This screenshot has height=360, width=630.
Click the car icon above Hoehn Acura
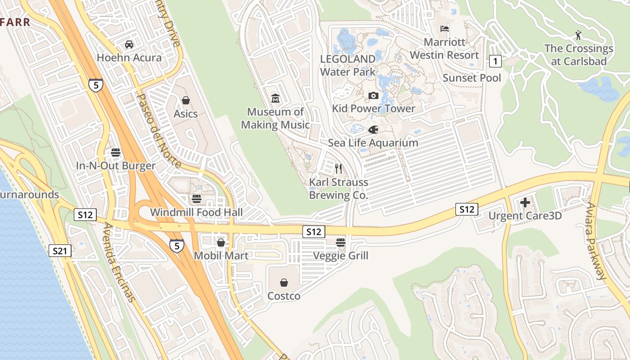point(129,45)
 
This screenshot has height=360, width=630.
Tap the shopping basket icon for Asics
point(185,100)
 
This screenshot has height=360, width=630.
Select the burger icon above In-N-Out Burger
point(116,153)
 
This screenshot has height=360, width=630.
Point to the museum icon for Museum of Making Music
point(275,98)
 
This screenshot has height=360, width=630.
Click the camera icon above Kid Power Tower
point(373,95)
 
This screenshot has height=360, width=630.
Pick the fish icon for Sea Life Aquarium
point(373,130)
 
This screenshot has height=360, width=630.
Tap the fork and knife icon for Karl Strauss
point(338,169)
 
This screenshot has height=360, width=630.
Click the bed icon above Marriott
point(445,29)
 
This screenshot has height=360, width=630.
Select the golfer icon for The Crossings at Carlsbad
point(579,35)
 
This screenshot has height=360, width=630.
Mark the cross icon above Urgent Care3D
point(525,202)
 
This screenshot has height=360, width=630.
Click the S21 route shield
point(60,251)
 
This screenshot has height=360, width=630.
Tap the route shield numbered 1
point(495,61)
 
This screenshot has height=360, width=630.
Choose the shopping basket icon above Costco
point(284,283)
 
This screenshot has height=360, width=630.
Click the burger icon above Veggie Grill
point(341,243)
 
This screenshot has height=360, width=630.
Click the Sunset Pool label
point(472,78)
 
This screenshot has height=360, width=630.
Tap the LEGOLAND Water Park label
point(347,65)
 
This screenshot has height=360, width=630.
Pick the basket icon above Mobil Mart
point(221,243)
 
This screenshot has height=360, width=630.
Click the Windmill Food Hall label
point(196,212)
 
